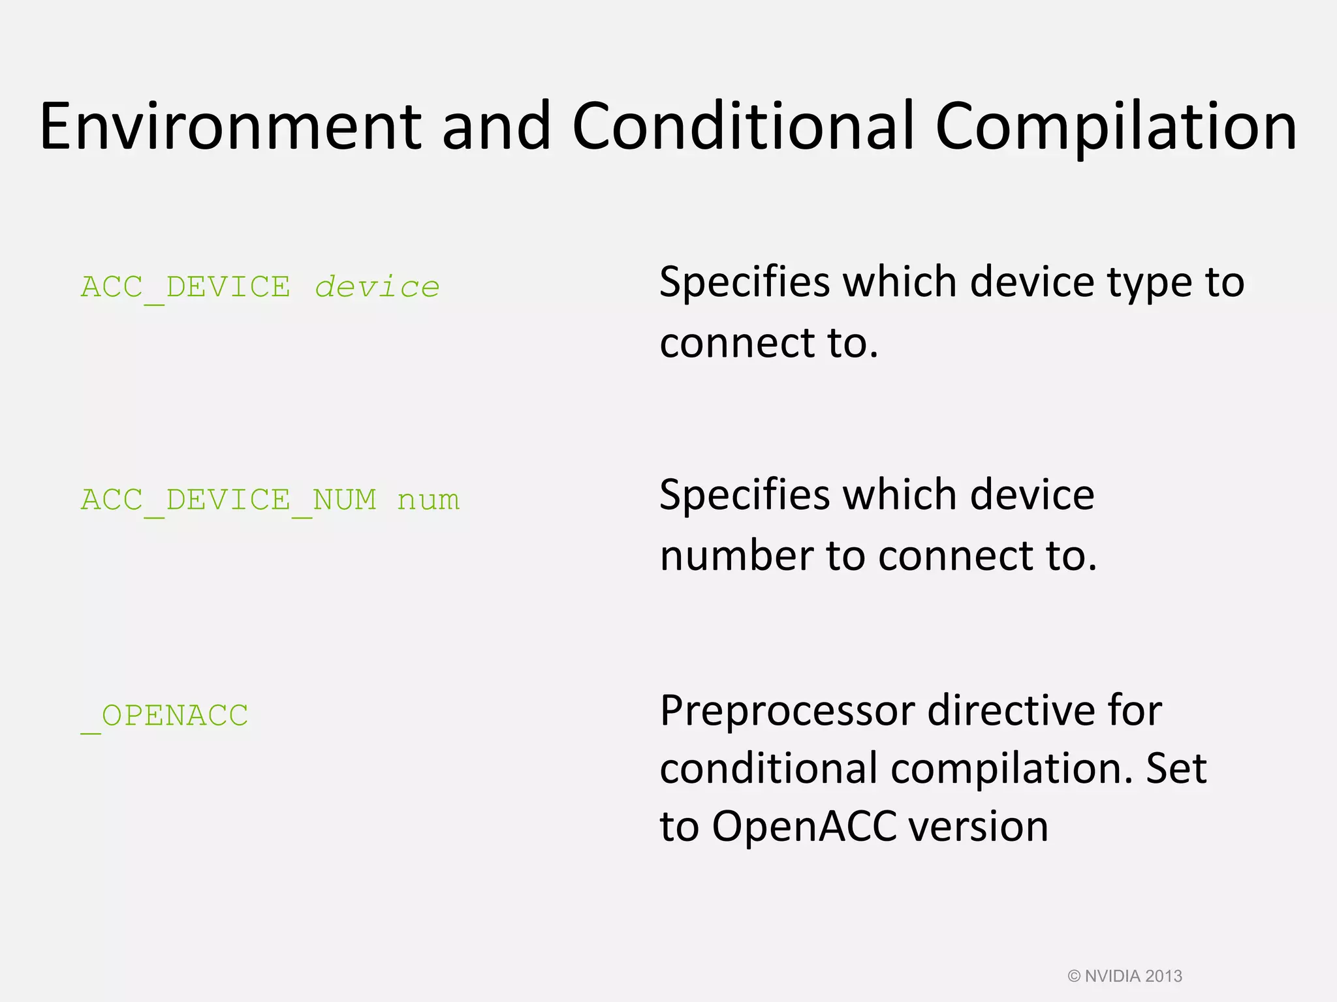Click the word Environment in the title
click(x=230, y=127)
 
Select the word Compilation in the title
click(x=1115, y=128)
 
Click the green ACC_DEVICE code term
click(x=185, y=288)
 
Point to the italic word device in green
click(x=377, y=288)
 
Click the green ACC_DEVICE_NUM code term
click(x=228, y=500)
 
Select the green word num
click(x=428, y=501)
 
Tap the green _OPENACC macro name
click(x=165, y=716)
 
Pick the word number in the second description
click(x=736, y=556)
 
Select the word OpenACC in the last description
click(x=804, y=827)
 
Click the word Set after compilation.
click(x=1176, y=768)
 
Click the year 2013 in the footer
click(x=1163, y=976)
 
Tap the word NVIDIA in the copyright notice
click(x=1112, y=976)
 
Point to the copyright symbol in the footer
click(x=1074, y=976)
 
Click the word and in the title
click(x=496, y=127)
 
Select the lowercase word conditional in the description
click(x=768, y=768)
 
